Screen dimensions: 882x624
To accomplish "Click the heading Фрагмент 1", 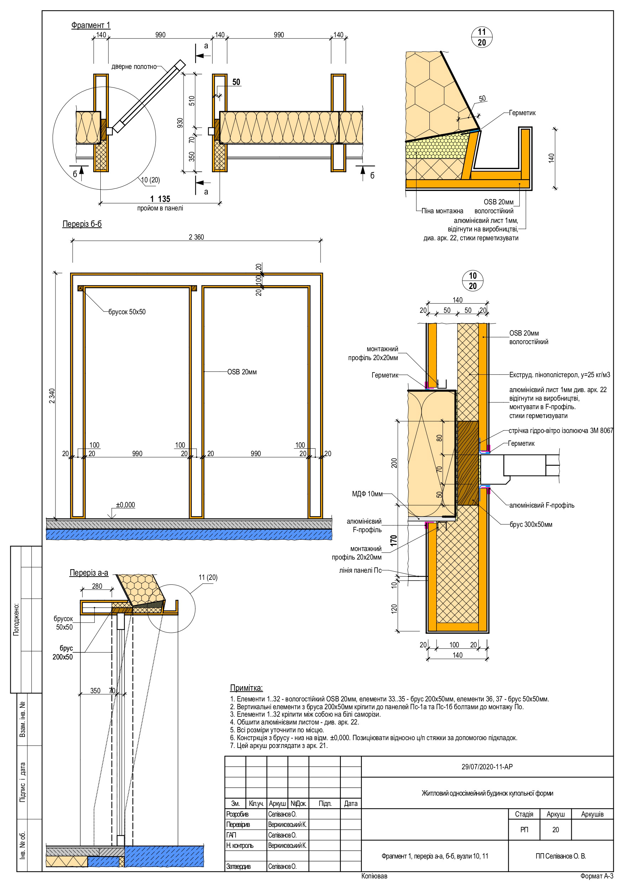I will coord(90,25).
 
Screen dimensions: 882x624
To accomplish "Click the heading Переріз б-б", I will coord(82,224).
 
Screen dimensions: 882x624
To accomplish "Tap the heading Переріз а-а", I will coord(89,573).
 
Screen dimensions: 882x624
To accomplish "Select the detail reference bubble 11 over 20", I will coord(481,37).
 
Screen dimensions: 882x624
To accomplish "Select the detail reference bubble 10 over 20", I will coord(472,281).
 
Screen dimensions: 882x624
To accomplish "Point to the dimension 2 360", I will coord(196,237).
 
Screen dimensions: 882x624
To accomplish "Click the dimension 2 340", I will coord(52,396).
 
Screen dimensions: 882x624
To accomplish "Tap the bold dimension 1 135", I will coord(160,199).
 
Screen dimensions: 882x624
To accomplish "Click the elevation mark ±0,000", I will coord(125,505).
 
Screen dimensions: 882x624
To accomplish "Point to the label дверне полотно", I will coord(134,67).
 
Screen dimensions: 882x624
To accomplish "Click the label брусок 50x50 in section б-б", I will coord(127,312).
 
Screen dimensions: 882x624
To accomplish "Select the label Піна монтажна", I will coord(442,211).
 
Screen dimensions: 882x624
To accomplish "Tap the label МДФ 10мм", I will coord(367,494).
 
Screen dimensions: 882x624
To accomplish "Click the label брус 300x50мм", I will coord(530,525).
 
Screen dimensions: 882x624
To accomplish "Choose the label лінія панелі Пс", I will coord(360,571).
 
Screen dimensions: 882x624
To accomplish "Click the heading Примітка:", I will coord(246,688).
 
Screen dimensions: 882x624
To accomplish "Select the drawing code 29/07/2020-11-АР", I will coord(487,767).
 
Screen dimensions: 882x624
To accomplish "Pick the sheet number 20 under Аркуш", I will coord(555,830).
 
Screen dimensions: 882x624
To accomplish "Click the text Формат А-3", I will coord(596,876).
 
